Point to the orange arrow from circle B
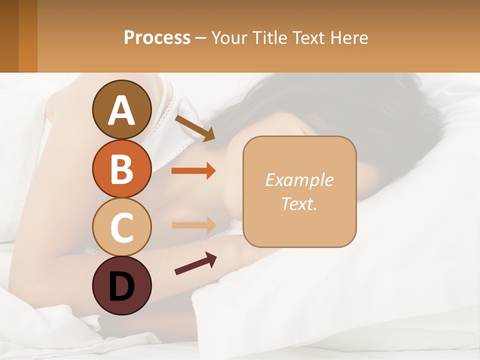click(x=193, y=171)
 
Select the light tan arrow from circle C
click(x=193, y=225)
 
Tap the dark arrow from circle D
click(x=195, y=263)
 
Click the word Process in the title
click(x=157, y=38)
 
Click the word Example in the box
click(x=299, y=180)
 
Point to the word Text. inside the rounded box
click(x=299, y=203)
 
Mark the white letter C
click(x=122, y=228)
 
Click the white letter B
click(x=122, y=169)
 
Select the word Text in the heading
click(x=309, y=38)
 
